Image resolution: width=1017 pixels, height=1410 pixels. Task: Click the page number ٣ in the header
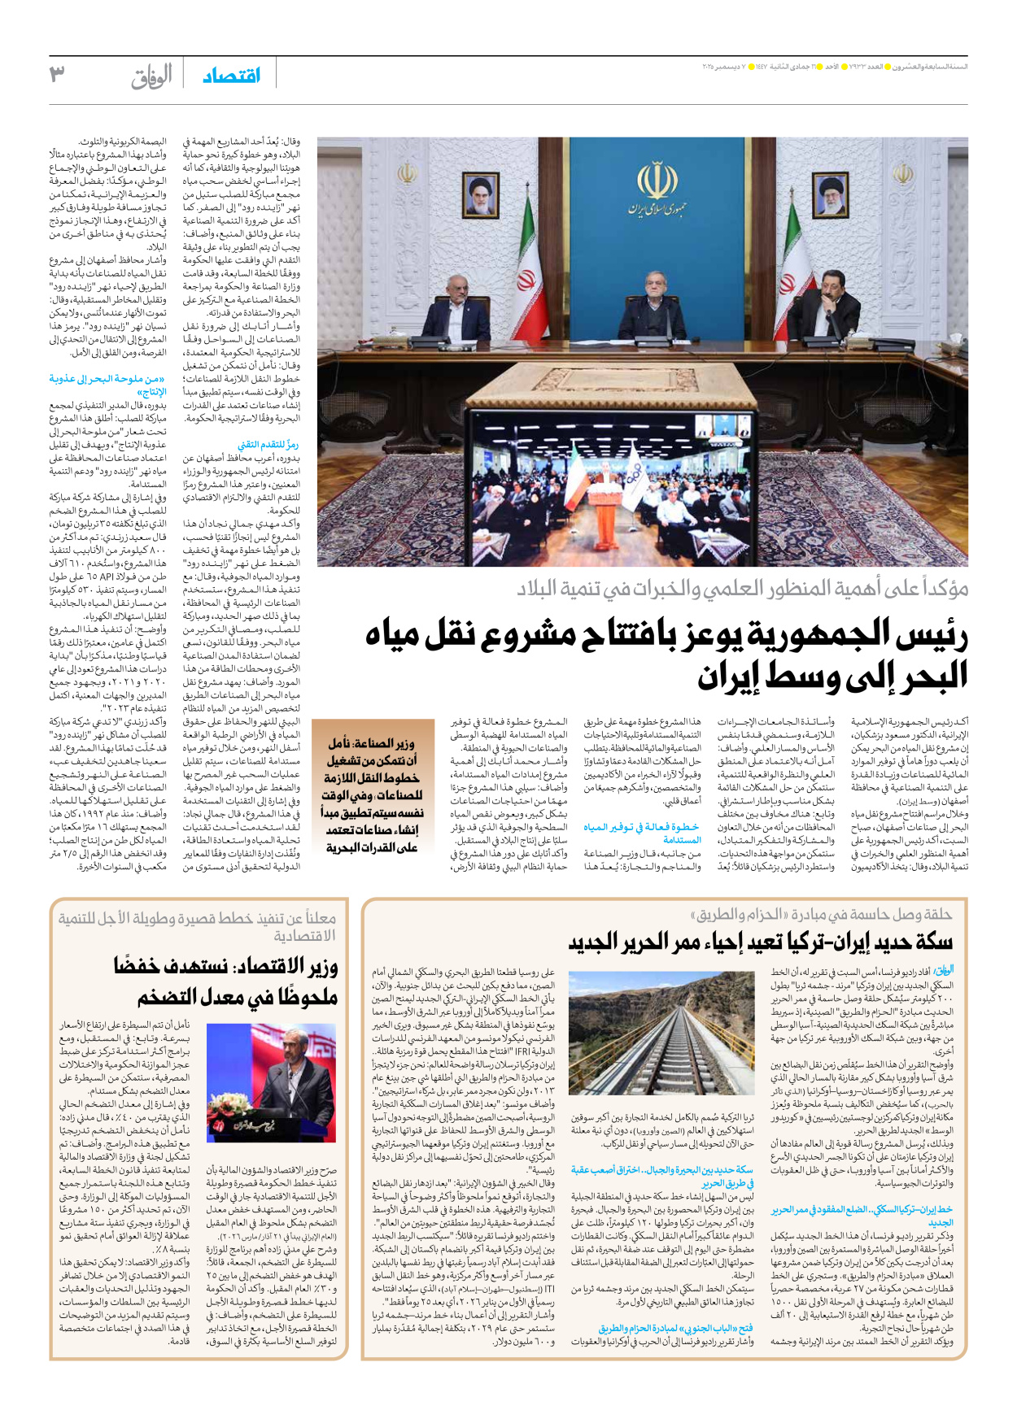coord(56,74)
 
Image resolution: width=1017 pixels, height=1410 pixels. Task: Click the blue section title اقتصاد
coord(231,76)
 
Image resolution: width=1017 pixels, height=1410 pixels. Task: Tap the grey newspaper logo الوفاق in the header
coord(151,76)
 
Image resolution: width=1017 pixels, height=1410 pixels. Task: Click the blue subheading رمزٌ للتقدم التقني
coord(268,445)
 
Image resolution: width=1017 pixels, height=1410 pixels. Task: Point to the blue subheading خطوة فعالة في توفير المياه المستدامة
coord(643,833)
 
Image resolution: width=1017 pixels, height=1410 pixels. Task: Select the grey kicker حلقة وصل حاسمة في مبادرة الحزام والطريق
coord(822,914)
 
